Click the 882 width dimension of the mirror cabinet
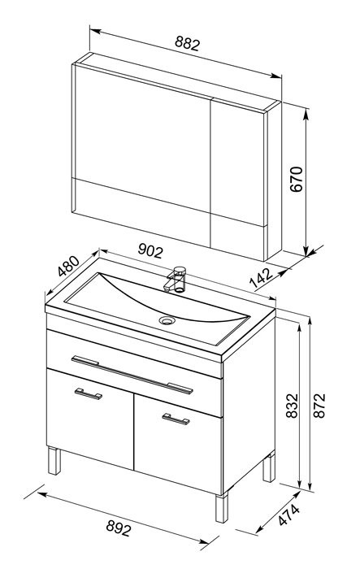pos(187,44)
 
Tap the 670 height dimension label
pos(296,179)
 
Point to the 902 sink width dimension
pos(150,250)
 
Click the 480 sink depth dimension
pos(68,266)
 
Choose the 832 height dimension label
pos(292,406)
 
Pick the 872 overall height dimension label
pos(319,406)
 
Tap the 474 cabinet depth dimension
pos(289,515)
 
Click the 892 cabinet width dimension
pos(119,528)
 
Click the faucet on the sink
pos(176,280)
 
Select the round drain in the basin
pos(167,320)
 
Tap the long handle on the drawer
pos(132,375)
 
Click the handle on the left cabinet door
pos(89,393)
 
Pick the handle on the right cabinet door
pos(176,419)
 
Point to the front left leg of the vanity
pos(54,461)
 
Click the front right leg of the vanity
pos(221,508)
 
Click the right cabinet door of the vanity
pos(178,445)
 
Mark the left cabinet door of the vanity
pos(90,419)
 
